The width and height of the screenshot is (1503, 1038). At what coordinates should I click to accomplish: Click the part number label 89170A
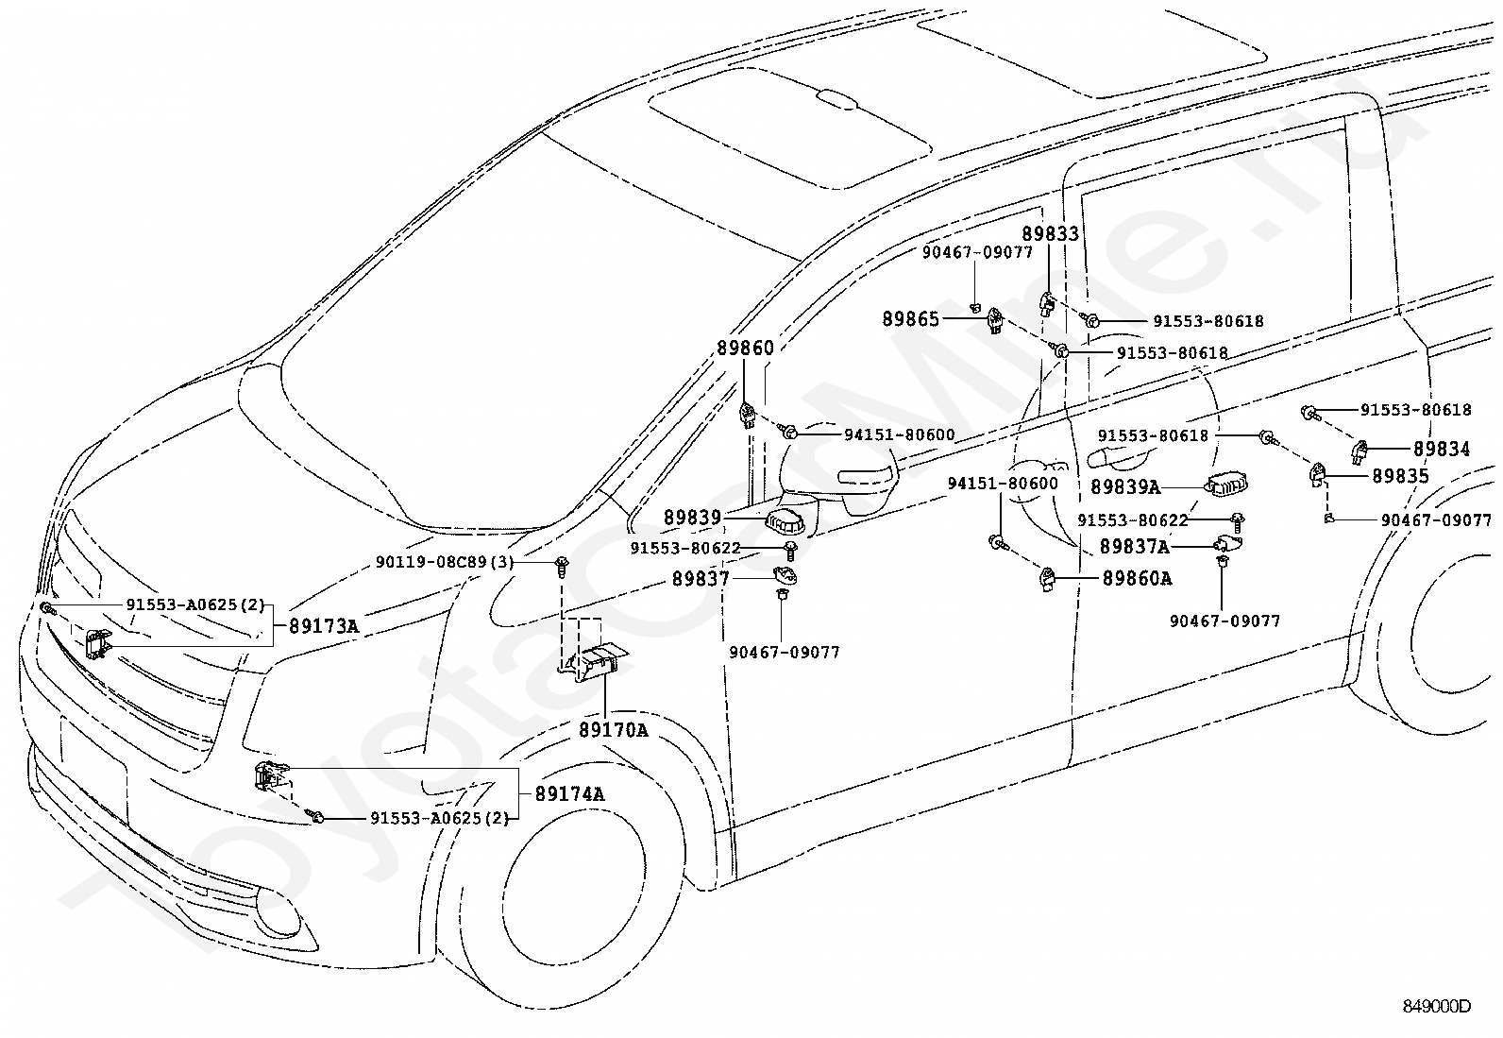pyautogui.click(x=614, y=729)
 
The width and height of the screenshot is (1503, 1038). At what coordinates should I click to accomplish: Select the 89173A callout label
pyautogui.click(x=324, y=626)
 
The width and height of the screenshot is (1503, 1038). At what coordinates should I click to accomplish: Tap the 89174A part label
pyautogui.click(x=569, y=793)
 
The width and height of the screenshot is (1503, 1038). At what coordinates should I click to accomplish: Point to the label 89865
pyautogui.click(x=910, y=319)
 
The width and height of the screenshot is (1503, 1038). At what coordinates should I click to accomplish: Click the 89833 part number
pyautogui.click(x=1050, y=233)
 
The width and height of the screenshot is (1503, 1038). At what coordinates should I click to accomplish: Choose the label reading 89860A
pyautogui.click(x=1138, y=578)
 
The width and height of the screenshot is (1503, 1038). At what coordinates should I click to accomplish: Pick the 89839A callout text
pyautogui.click(x=1125, y=486)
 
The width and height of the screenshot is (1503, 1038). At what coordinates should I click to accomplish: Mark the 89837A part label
pyautogui.click(x=1135, y=547)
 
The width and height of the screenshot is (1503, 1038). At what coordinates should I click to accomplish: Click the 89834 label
pyautogui.click(x=1442, y=449)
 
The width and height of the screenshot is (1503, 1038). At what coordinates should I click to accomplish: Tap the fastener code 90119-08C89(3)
pyautogui.click(x=444, y=562)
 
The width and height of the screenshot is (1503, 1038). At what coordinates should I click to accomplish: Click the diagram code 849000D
pyautogui.click(x=1437, y=1007)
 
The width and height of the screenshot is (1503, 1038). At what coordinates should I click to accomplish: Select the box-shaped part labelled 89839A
pyautogui.click(x=1227, y=485)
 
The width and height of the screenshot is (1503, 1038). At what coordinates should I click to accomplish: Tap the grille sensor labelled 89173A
pyautogui.click(x=96, y=644)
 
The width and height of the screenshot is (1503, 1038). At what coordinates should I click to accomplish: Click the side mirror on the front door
pyautogui.click(x=836, y=470)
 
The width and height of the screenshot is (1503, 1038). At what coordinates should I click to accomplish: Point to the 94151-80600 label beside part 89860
pyautogui.click(x=899, y=435)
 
